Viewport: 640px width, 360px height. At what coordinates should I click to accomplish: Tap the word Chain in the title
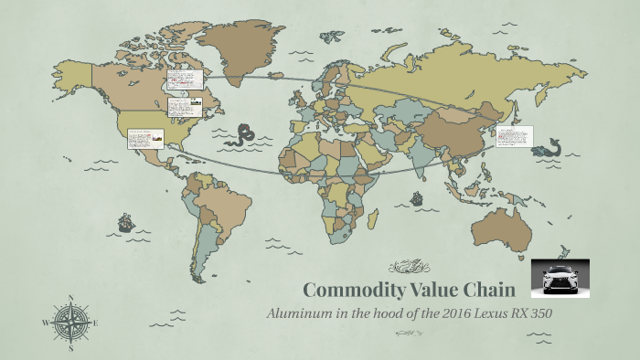[495, 290]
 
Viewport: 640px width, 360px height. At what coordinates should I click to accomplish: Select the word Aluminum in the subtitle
[298, 313]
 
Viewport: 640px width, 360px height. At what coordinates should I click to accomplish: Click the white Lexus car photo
[560, 278]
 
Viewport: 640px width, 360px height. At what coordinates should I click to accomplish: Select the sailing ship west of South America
[126, 222]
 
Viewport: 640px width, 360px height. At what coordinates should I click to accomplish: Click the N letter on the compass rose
[70, 297]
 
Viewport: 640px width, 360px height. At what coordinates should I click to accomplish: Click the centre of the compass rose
[70, 323]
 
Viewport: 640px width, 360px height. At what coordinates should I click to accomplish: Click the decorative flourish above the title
[409, 267]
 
